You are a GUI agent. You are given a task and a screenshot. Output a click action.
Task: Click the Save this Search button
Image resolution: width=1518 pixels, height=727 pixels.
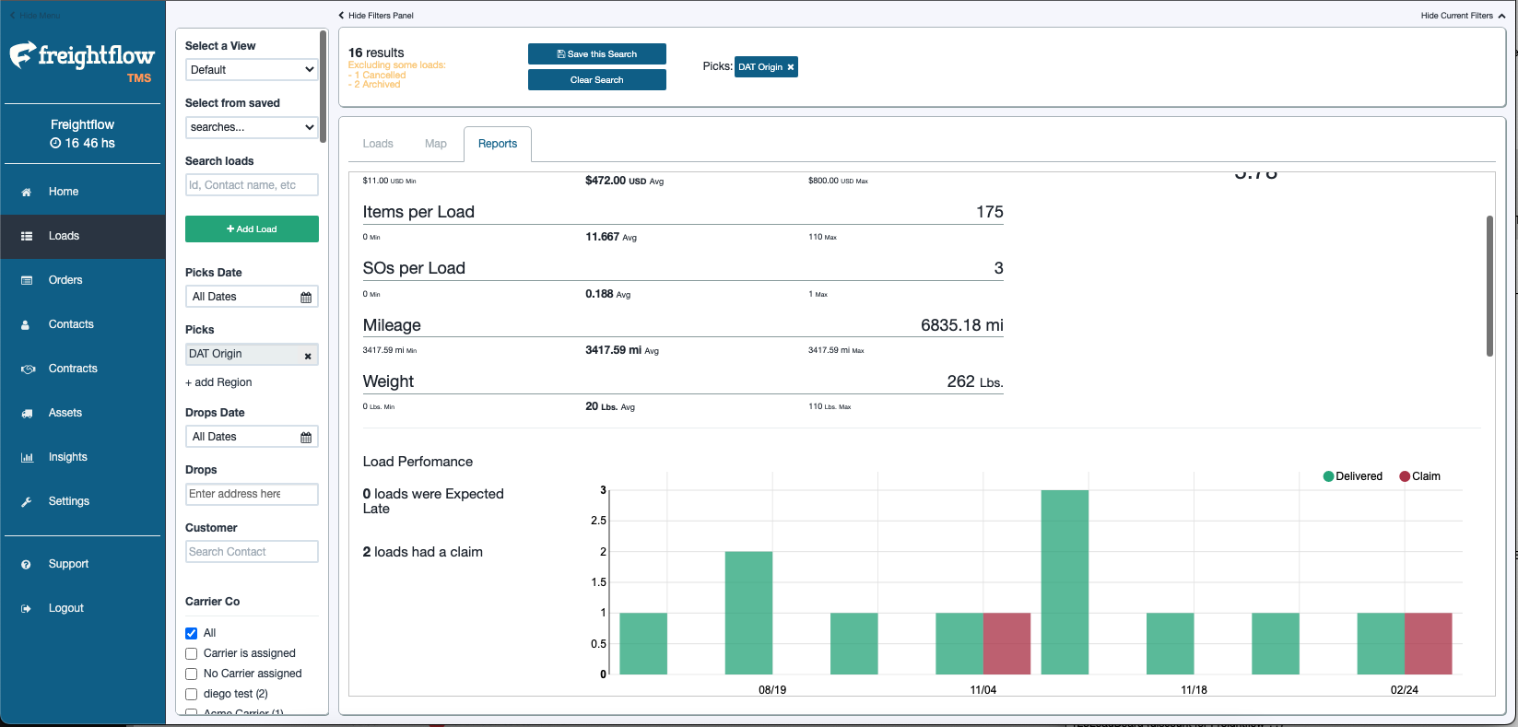[x=596, y=54]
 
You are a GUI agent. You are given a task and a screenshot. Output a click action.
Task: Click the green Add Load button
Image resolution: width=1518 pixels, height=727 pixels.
[x=252, y=229]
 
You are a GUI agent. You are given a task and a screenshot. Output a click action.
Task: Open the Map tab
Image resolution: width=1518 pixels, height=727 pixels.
[x=435, y=144]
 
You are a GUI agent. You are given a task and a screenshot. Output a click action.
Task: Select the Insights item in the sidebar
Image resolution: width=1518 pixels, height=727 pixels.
[x=67, y=457]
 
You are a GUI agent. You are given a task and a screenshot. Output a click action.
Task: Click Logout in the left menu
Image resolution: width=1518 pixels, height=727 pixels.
[x=65, y=608]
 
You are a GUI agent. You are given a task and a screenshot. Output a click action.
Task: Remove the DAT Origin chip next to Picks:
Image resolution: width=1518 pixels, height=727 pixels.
[x=791, y=67]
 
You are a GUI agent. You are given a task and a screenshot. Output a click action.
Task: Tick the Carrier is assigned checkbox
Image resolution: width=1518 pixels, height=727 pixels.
[x=192, y=653]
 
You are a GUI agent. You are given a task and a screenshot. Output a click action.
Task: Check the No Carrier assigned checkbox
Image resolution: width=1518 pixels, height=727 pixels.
[x=192, y=674]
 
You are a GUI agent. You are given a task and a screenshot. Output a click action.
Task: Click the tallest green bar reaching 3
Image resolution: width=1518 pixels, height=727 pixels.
[x=1065, y=580]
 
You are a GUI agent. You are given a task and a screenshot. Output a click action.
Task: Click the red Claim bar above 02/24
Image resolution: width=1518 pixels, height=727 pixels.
[x=1428, y=643]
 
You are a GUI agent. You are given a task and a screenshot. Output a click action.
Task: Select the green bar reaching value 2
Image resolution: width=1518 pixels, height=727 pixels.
[x=748, y=613]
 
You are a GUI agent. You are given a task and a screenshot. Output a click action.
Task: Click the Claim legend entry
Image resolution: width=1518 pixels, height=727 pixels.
[x=1419, y=476]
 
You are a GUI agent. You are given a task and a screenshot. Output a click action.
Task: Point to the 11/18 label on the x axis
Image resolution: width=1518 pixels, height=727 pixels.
[x=1194, y=690]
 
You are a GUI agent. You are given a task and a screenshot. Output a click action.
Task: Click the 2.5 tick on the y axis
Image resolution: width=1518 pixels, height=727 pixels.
[x=598, y=521]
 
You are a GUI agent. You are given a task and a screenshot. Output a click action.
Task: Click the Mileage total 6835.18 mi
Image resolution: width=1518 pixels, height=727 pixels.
[x=961, y=325]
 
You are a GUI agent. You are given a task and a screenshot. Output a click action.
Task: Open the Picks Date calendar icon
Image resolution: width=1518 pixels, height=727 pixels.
[x=306, y=297]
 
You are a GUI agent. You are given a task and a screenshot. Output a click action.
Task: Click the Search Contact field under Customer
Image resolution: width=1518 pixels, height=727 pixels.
[x=252, y=552]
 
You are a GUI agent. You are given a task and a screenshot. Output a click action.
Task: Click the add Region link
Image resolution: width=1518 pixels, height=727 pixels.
[x=218, y=382]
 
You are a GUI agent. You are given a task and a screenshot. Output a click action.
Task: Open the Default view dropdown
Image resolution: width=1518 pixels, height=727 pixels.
[x=252, y=70]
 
